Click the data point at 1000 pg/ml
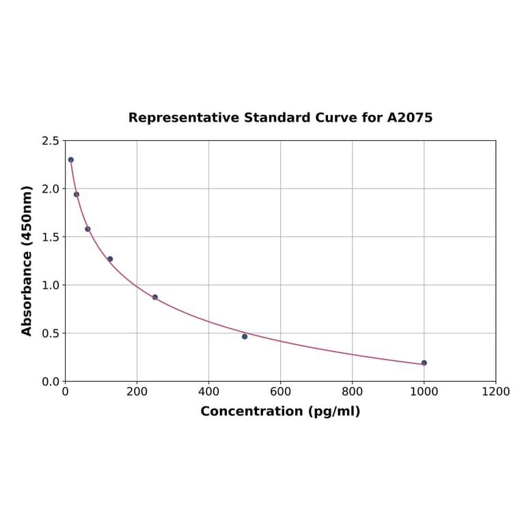(424, 363)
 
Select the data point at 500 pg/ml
(245, 336)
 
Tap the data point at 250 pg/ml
(155, 297)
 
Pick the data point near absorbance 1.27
(110, 259)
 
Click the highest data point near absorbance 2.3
(71, 160)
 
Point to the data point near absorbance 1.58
(87, 229)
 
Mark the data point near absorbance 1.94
(77, 194)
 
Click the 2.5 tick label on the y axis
(51, 141)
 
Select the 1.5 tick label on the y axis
(51, 237)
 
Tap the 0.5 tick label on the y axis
(51, 333)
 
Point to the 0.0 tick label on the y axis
(51, 381)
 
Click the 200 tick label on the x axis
(137, 391)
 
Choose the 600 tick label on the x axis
(280, 391)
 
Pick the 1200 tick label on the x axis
(495, 391)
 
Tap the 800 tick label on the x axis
(352, 391)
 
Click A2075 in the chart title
(410, 118)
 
